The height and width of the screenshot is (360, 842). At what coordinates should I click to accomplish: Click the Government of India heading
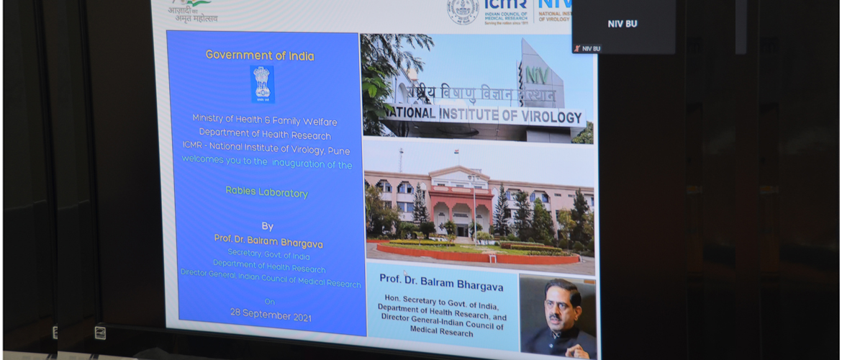[x=260, y=55]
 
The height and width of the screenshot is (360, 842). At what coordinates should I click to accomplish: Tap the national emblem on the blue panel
[x=262, y=84]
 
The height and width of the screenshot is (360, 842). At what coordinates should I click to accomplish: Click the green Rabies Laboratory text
[x=266, y=192]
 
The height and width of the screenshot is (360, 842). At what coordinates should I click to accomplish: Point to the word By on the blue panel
[x=267, y=225]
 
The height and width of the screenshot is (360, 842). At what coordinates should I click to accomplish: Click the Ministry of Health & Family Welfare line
[x=264, y=120]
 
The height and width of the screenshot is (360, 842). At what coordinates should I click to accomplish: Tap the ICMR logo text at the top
[x=506, y=6]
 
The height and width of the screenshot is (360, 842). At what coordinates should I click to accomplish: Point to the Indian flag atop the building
[x=456, y=153]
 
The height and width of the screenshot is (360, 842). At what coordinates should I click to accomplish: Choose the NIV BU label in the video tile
[x=622, y=24]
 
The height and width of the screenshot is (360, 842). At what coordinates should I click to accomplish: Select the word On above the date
[x=270, y=301]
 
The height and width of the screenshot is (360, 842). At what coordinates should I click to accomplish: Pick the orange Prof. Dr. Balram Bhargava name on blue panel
[x=268, y=240]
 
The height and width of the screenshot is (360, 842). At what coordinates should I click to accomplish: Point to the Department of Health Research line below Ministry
[x=265, y=135]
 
